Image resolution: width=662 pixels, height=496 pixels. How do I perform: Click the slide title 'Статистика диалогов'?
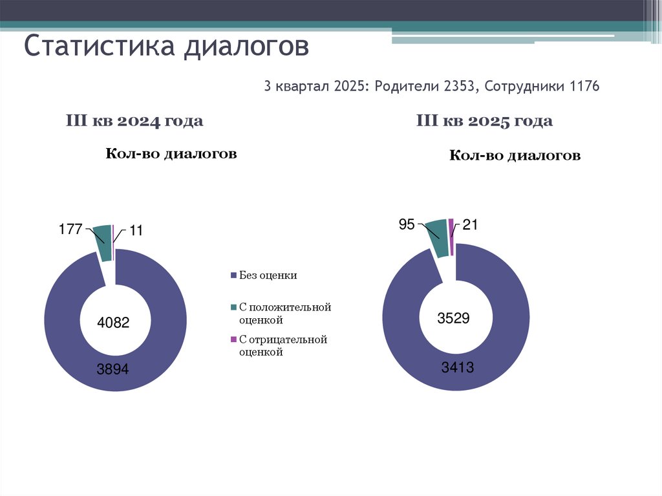167,47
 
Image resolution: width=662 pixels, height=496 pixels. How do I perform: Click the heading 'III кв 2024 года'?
134,121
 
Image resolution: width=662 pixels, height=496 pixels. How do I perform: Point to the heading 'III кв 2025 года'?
484,121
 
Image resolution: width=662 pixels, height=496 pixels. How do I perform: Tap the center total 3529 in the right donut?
453,318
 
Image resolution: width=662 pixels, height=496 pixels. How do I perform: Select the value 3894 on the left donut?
114,370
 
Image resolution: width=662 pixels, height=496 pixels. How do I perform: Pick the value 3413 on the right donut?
458,368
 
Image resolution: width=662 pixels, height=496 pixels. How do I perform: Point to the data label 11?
136,230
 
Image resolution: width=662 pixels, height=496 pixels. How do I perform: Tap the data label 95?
407,224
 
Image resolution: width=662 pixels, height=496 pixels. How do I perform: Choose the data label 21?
469,224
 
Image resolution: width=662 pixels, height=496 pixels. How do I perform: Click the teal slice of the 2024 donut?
102,243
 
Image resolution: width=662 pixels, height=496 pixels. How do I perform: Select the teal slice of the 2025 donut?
436,237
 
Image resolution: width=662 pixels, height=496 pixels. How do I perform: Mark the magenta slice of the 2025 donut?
451,232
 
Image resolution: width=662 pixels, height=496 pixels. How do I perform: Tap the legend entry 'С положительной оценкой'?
284,314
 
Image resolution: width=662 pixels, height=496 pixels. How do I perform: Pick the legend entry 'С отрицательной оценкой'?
283,346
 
